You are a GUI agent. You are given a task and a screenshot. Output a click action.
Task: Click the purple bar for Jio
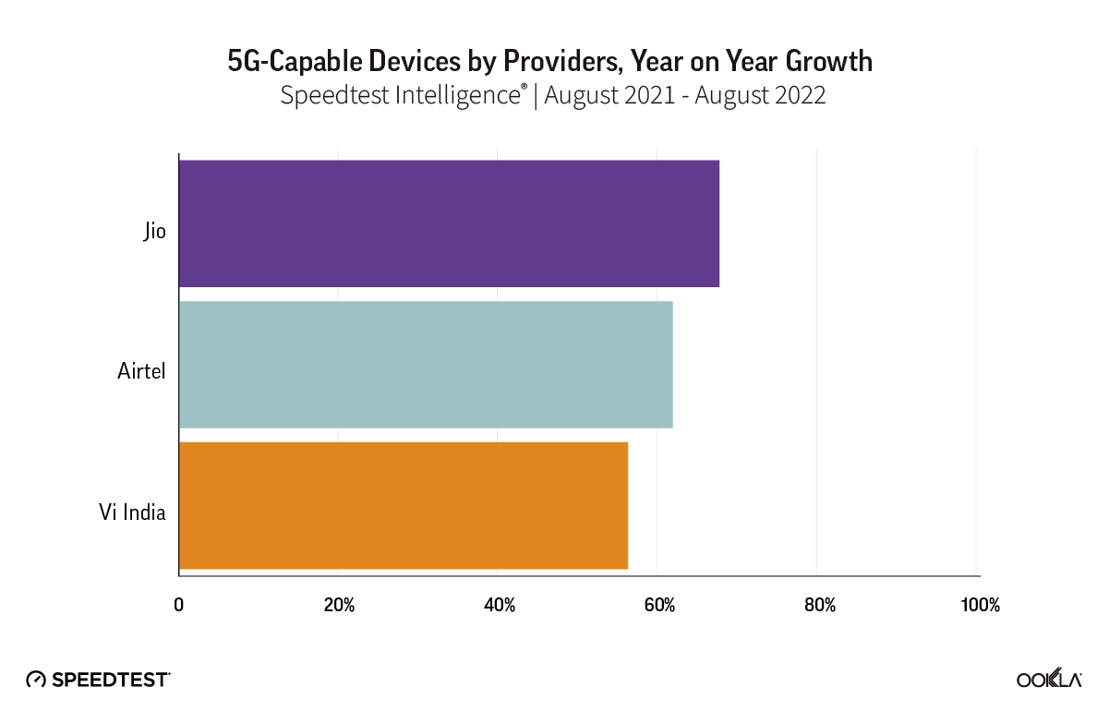pyautogui.click(x=449, y=223)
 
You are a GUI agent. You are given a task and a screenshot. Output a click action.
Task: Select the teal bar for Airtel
pyautogui.click(x=426, y=365)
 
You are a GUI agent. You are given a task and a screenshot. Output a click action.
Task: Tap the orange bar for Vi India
pyautogui.click(x=404, y=505)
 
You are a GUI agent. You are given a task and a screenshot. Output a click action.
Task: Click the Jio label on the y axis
pyautogui.click(x=154, y=231)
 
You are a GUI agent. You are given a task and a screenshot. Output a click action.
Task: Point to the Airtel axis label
pyautogui.click(x=141, y=371)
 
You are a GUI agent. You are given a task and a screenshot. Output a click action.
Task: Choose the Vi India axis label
pyautogui.click(x=132, y=512)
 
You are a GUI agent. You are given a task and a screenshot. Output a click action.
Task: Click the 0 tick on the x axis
pyautogui.click(x=179, y=606)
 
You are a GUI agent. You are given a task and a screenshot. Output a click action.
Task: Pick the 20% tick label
pyautogui.click(x=339, y=606)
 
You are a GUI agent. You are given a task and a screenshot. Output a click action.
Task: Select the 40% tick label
pyautogui.click(x=500, y=606)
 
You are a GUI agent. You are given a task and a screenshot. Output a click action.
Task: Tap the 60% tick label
pyautogui.click(x=659, y=606)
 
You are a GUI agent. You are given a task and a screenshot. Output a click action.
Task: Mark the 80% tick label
pyautogui.click(x=819, y=606)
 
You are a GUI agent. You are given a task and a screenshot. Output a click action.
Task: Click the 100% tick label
pyautogui.click(x=980, y=606)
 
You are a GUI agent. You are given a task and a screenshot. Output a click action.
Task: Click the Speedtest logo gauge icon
pyautogui.click(x=36, y=680)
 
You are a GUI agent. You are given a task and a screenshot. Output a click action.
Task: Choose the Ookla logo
pyautogui.click(x=1049, y=680)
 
